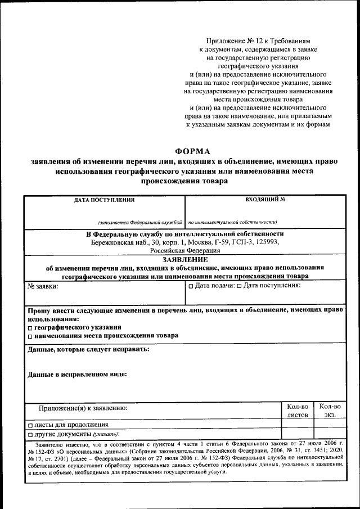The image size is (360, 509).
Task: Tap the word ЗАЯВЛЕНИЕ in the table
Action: (185, 260)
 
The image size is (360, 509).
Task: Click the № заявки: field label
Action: (43, 286)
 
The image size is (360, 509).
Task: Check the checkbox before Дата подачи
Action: (191, 286)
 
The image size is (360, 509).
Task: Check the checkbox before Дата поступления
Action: (239, 286)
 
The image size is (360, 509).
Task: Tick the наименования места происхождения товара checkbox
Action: (30, 336)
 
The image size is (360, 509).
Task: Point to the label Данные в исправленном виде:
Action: (77, 374)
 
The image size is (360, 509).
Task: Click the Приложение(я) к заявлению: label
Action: (83, 407)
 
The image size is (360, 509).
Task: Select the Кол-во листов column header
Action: (298, 411)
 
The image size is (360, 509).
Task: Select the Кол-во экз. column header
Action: (330, 411)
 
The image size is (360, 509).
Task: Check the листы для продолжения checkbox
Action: (30, 425)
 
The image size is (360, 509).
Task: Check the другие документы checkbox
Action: (30, 435)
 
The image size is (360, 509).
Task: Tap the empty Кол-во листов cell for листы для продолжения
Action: (298, 425)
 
